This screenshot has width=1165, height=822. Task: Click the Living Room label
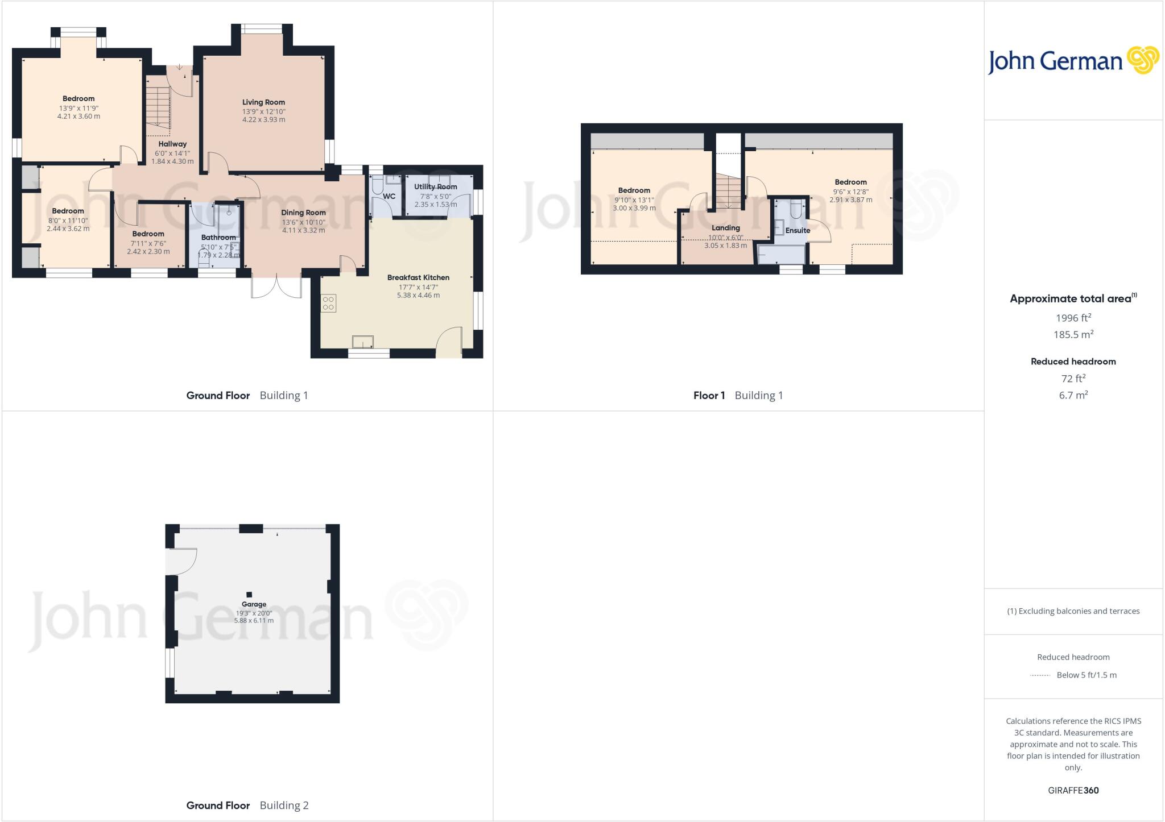(x=263, y=102)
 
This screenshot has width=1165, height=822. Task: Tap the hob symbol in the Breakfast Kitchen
(x=328, y=303)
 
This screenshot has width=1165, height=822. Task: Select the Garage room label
(x=254, y=604)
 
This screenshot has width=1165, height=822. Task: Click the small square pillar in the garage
(x=249, y=595)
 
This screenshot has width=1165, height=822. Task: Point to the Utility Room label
(x=435, y=186)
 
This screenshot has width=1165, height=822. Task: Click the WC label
(x=389, y=197)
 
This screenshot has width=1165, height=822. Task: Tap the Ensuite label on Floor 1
(x=798, y=230)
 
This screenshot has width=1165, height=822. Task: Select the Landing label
(x=725, y=228)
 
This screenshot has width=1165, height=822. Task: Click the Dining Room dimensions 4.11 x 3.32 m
(x=303, y=230)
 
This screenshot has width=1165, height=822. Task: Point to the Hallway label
(x=172, y=144)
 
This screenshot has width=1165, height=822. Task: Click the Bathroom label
(x=218, y=238)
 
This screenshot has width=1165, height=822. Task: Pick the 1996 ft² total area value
(x=1073, y=318)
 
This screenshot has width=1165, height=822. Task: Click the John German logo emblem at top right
(x=1143, y=60)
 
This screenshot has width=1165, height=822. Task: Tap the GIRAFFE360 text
(x=1073, y=790)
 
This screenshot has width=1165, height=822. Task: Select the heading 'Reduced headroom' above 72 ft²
(x=1073, y=362)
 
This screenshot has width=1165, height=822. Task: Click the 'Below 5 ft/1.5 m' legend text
(x=1086, y=675)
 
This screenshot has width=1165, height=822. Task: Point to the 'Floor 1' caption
(x=709, y=396)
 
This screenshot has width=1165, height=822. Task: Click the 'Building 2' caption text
(x=284, y=806)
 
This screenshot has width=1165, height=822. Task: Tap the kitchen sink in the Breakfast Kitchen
(x=363, y=342)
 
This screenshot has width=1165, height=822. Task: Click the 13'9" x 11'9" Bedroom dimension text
(x=79, y=108)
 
